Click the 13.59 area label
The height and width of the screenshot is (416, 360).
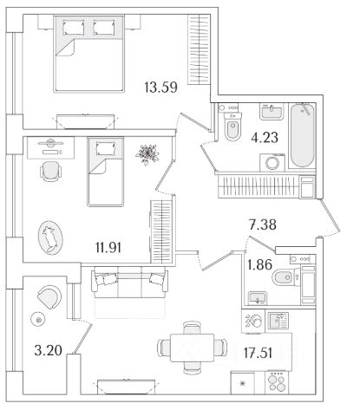[160, 88]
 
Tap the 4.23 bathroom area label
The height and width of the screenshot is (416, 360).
[265, 138]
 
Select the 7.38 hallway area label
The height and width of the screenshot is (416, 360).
[263, 224]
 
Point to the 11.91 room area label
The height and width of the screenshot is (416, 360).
[108, 248]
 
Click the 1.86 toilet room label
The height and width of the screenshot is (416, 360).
[259, 264]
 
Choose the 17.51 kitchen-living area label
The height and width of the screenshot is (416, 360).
[258, 353]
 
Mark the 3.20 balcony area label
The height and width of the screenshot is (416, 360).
[48, 351]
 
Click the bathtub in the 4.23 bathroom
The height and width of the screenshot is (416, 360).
[302, 135]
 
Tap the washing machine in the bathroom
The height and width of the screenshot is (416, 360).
[272, 163]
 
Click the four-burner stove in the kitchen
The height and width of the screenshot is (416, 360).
[277, 382]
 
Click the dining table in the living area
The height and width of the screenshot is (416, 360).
[193, 348]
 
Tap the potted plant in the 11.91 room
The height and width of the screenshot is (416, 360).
[147, 154]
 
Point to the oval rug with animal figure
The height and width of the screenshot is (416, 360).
[50, 237]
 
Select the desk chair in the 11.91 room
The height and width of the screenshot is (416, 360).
[50, 172]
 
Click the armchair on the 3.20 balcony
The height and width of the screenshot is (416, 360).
[49, 297]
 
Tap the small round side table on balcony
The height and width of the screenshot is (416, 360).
[37, 319]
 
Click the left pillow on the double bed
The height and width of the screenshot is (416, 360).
[74, 28]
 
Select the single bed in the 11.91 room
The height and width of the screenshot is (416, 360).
[106, 172]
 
